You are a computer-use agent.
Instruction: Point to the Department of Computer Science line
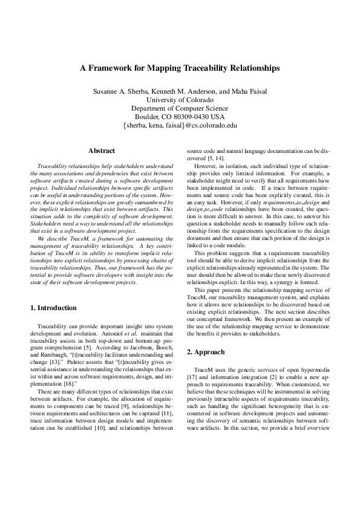click(x=180, y=108)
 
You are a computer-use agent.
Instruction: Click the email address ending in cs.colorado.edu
click(x=180, y=126)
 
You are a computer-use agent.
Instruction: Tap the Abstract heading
click(x=102, y=150)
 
